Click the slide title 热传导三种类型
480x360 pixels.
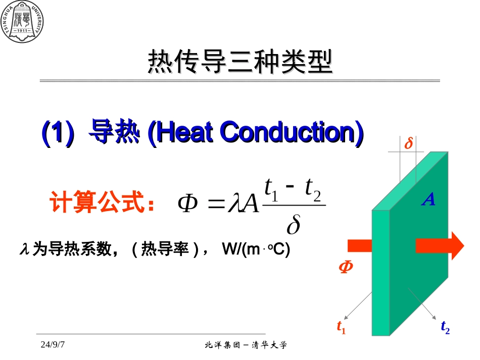click(240, 62)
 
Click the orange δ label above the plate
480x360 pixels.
click(408, 144)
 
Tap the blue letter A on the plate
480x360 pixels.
click(428, 200)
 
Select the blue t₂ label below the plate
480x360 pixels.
click(445, 327)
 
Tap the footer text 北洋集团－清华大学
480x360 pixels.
click(246, 345)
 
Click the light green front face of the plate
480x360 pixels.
click(381, 273)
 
